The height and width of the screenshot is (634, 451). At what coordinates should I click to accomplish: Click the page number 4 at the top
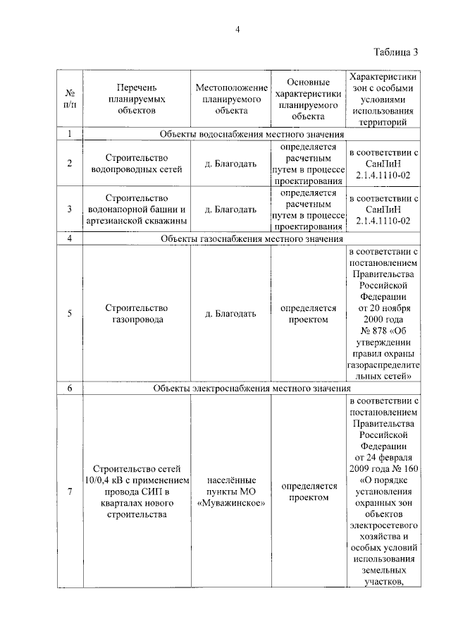coord(237,29)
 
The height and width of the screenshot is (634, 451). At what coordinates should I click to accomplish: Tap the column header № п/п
coord(70,99)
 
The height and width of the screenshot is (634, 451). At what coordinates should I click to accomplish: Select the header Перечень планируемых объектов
coord(137,99)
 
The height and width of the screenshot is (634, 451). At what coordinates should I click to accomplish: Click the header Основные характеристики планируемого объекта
coord(307,99)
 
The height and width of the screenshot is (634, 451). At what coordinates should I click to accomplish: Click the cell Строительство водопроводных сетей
coord(137,163)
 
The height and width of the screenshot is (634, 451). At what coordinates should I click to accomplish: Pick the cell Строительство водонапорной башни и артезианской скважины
coord(137,209)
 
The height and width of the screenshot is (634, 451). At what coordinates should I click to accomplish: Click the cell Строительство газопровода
coord(137,314)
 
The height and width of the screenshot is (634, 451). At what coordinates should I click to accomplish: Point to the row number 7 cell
coord(70,492)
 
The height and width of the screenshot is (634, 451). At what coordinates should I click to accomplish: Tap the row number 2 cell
coord(70,163)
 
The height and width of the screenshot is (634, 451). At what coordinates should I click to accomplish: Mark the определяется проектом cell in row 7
coord(308,492)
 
